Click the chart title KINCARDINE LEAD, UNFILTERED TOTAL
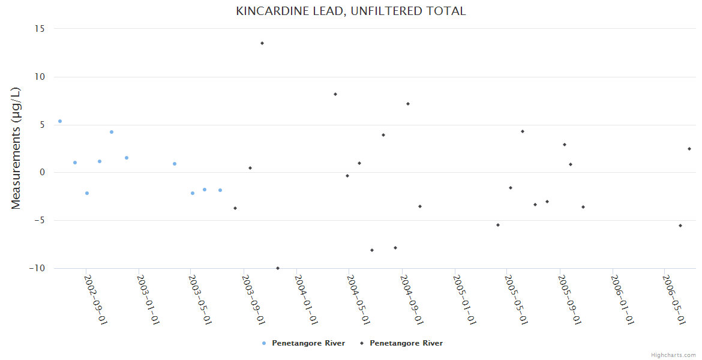(350, 11)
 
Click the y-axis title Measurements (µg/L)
(16, 148)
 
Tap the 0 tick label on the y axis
(43, 173)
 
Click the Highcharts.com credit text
(673, 355)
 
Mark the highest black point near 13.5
(262, 43)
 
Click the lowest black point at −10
(278, 268)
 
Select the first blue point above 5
(60, 121)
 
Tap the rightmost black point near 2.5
(689, 149)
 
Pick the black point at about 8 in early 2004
(335, 94)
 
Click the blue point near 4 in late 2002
(112, 132)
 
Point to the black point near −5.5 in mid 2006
(680, 226)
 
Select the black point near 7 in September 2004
(408, 104)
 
